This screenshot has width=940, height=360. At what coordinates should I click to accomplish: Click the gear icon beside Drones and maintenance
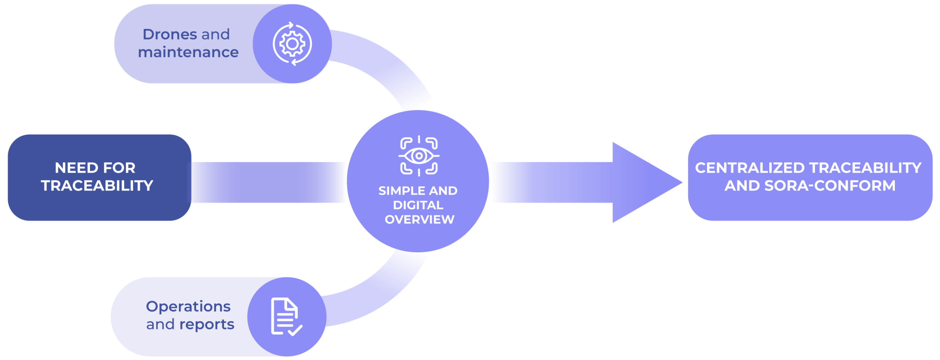292,44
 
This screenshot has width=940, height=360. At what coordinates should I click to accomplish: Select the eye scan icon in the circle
419,156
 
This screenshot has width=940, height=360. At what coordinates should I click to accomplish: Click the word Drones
170,35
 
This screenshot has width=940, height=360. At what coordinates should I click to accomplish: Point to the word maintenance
188,53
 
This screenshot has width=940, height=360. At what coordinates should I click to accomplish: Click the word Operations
188,306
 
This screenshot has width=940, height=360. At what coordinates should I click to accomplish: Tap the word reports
207,325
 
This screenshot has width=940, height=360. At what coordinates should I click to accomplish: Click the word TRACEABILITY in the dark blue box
97,186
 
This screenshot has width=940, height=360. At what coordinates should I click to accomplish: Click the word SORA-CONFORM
830,186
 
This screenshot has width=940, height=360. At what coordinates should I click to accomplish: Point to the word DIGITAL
418,205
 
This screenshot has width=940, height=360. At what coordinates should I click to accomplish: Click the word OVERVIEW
419,219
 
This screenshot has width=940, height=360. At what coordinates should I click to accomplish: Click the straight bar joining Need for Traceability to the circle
268,182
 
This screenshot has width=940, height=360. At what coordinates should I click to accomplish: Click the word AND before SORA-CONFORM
742,186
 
